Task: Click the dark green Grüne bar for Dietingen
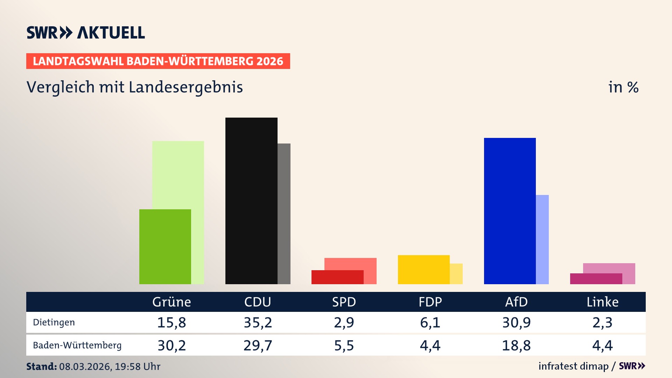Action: pyautogui.click(x=165, y=247)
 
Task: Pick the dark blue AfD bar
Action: pyautogui.click(x=510, y=211)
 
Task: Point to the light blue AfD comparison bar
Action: pyautogui.click(x=542, y=239)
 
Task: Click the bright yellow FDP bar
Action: pyautogui.click(x=423, y=269)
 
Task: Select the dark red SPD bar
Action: pyautogui.click(x=337, y=277)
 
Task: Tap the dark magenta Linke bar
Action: pyautogui.click(x=596, y=279)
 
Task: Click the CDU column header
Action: pyautogui.click(x=258, y=302)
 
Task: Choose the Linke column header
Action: pyautogui.click(x=602, y=302)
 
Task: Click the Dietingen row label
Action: pyautogui.click(x=54, y=322)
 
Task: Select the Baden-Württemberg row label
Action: pyautogui.click(x=77, y=345)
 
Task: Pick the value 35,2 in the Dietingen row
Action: pyautogui.click(x=258, y=322)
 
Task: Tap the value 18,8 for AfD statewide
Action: pyautogui.click(x=516, y=345)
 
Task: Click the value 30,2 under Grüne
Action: pyautogui.click(x=171, y=345)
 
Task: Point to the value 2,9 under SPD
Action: pyautogui.click(x=344, y=322)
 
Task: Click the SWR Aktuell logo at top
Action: pyautogui.click(x=86, y=33)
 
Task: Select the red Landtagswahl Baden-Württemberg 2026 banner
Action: pyautogui.click(x=158, y=61)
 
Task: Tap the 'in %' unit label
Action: pyautogui.click(x=623, y=87)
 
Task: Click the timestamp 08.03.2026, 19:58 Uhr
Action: pyautogui.click(x=109, y=366)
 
